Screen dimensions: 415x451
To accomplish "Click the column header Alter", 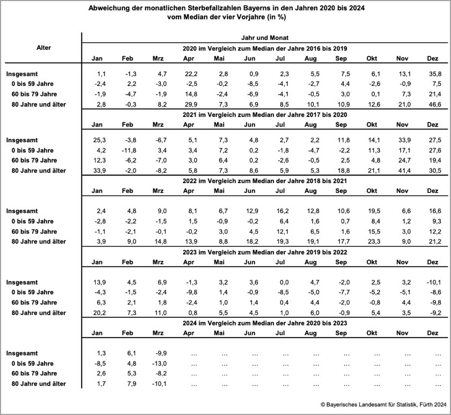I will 43,48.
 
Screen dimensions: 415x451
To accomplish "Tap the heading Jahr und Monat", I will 265,38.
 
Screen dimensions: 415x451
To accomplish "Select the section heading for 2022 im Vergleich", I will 265,181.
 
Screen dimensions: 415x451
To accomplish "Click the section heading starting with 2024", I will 265,323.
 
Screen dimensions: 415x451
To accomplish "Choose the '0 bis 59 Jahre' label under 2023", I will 33,293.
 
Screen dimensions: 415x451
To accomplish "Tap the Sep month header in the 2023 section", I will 341,262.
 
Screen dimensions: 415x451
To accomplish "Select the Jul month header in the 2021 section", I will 280,125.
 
